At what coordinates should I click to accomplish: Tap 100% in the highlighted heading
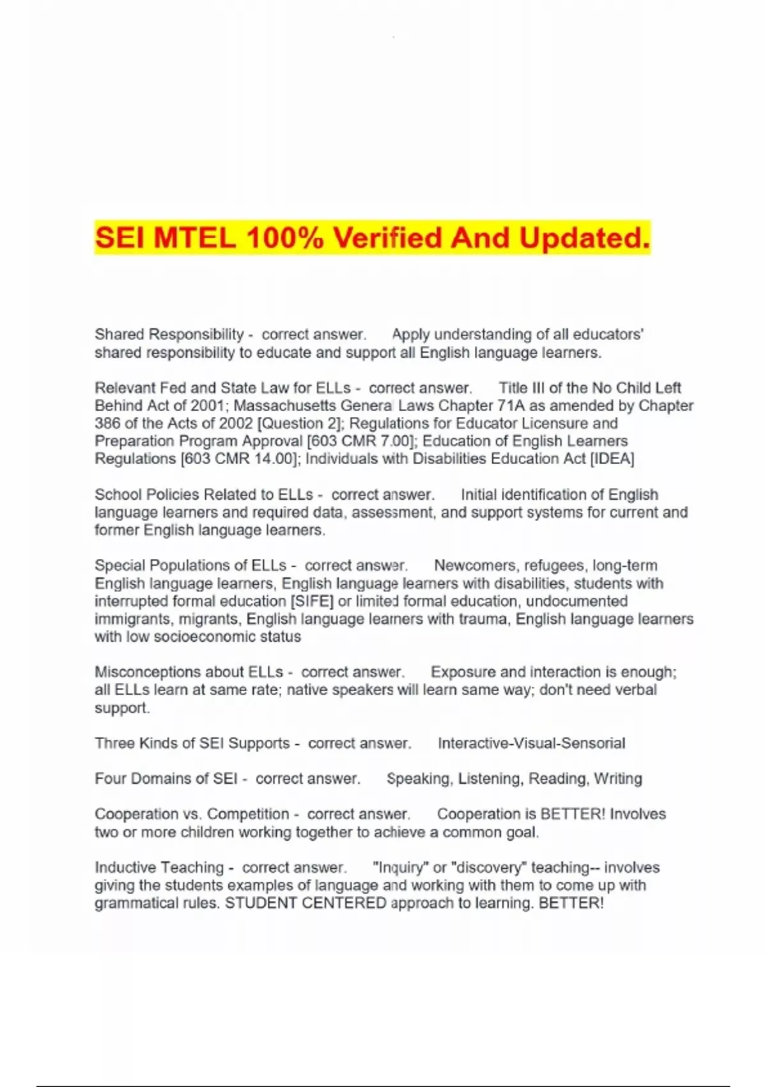click(x=284, y=238)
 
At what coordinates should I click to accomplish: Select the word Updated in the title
click(x=584, y=238)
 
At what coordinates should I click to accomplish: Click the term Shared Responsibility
click(x=169, y=334)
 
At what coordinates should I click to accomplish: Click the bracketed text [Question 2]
click(x=300, y=423)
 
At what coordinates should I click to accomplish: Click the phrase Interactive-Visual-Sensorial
click(x=531, y=744)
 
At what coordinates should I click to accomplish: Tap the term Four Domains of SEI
click(x=166, y=779)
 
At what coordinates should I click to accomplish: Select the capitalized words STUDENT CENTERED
click(x=306, y=903)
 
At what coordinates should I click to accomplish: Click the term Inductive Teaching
click(x=159, y=868)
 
